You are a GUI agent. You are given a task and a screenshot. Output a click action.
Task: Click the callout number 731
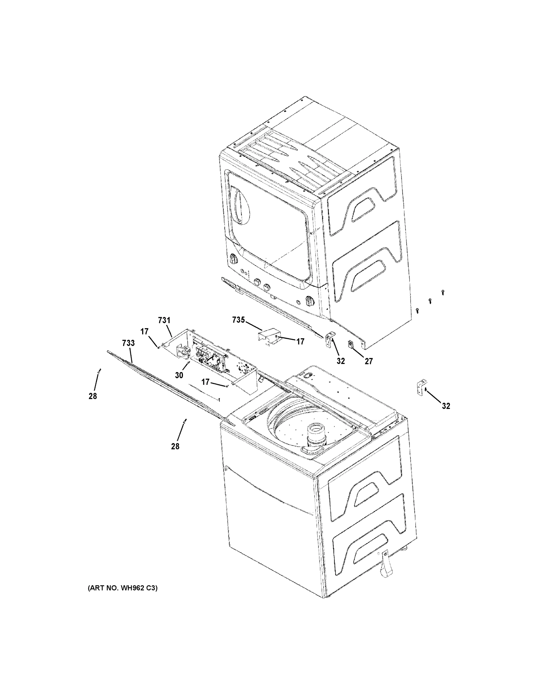tap(164, 321)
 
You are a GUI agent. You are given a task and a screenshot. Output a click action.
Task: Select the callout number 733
tap(128, 343)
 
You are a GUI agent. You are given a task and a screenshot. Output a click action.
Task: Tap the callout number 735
tap(239, 320)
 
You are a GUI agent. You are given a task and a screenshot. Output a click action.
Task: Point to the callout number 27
tap(369, 361)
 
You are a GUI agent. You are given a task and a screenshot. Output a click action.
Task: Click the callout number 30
tap(179, 375)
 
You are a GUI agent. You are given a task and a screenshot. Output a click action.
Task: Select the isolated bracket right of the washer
tap(421, 387)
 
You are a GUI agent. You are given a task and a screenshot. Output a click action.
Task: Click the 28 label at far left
tap(93, 396)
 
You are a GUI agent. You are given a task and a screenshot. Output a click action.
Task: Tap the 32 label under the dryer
tap(341, 361)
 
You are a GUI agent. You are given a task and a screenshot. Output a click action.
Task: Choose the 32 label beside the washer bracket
tap(446, 406)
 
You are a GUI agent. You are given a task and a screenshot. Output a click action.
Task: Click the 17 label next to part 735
tap(300, 341)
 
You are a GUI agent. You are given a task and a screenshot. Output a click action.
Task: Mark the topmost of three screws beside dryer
tap(443, 292)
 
